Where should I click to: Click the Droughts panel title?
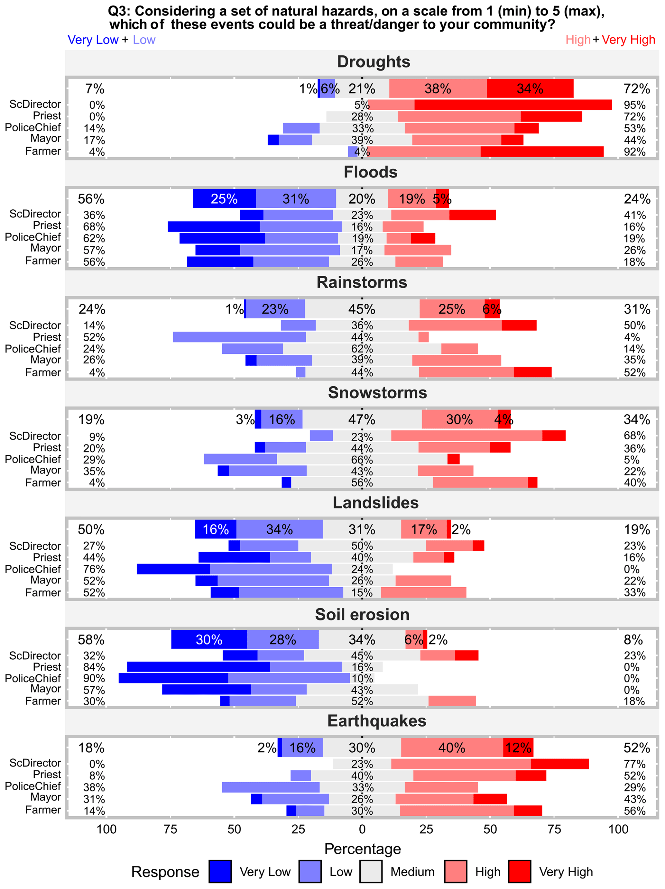[374, 62]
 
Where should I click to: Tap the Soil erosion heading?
[362, 615]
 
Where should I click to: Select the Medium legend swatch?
[370, 871]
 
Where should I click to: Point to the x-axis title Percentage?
[362, 848]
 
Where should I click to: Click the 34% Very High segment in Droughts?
[530, 88]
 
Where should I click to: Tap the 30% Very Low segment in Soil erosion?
[209, 639]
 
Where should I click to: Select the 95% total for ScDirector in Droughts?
[634, 105]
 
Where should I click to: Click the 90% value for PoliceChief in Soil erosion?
[94, 678]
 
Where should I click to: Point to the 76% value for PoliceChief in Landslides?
[94, 569]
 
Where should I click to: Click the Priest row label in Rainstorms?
[47, 337]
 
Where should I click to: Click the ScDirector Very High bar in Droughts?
[513, 105]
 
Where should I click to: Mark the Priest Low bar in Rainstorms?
[239, 337]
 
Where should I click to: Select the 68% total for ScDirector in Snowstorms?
[634, 436]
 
